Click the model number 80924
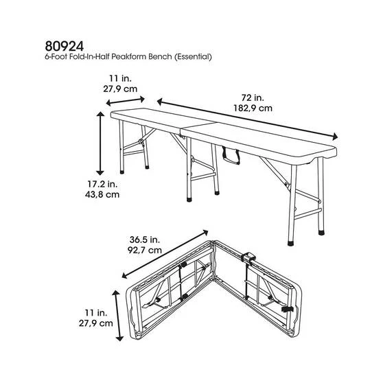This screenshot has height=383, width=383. (59, 46)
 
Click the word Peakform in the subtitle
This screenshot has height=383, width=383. (140, 58)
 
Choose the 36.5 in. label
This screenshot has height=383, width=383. (146, 239)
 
